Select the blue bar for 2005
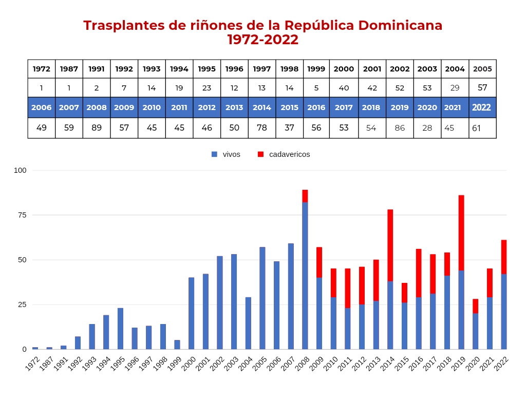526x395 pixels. (262, 298)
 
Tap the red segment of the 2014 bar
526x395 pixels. (390, 245)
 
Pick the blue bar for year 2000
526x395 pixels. (191, 313)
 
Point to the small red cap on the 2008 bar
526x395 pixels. (305, 196)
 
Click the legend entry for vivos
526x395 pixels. (226, 154)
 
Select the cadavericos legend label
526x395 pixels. (289, 154)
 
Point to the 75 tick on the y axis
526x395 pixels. (21, 215)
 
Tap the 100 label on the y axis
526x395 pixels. (20, 170)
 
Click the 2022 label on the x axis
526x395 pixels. (501, 364)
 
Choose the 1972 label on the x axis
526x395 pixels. (32, 364)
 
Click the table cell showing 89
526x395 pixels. (97, 128)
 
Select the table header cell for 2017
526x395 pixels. (344, 107)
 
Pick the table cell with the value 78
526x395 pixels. (262, 128)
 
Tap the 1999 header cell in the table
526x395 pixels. (316, 69)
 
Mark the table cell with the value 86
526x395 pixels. (400, 128)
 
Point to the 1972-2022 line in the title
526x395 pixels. (262, 40)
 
